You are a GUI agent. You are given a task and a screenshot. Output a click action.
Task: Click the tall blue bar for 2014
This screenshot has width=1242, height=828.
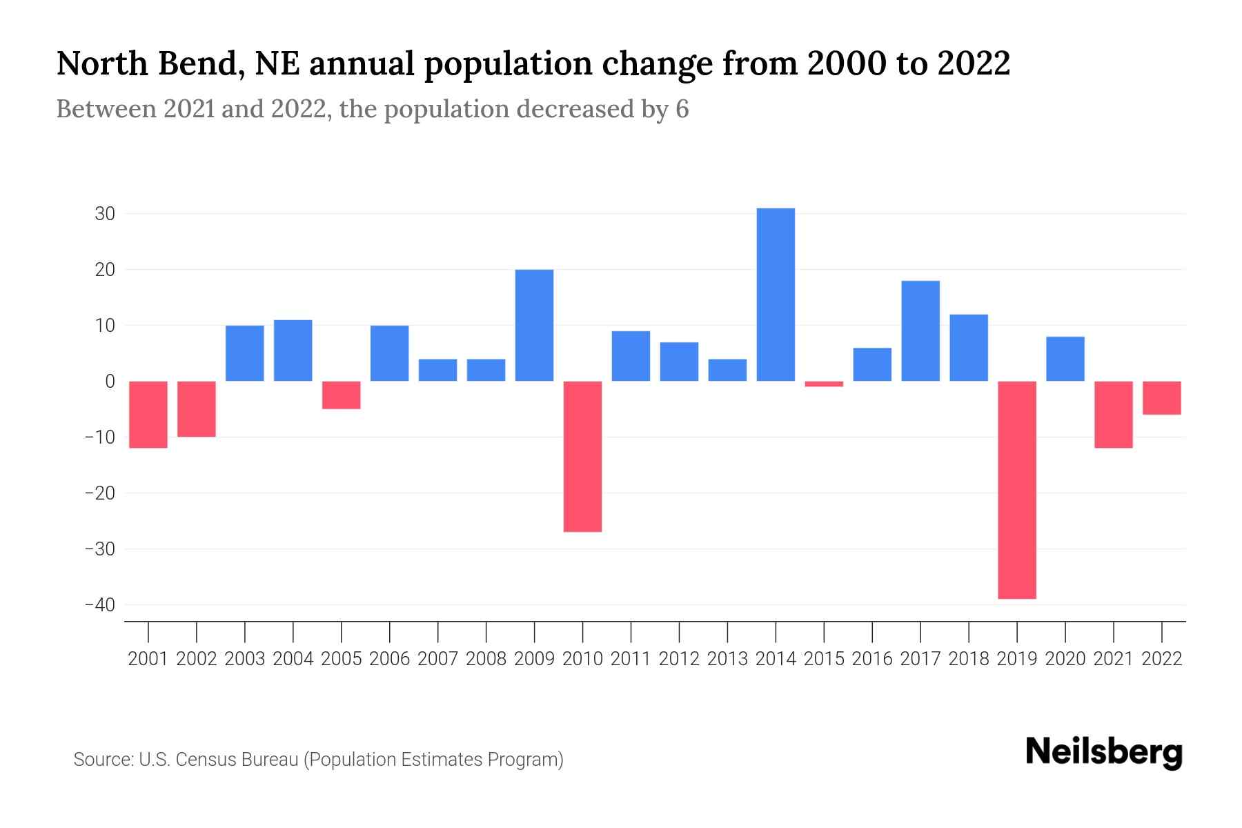click(776, 295)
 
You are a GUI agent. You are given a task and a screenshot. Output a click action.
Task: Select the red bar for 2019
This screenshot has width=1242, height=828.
click(1017, 490)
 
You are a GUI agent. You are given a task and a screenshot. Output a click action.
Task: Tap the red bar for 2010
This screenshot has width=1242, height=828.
click(582, 457)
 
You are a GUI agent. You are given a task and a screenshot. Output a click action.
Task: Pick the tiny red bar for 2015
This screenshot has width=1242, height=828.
click(824, 384)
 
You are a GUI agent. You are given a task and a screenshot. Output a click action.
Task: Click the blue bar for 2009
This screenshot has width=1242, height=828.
click(534, 325)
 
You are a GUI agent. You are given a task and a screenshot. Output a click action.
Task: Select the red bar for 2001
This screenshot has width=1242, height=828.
click(148, 415)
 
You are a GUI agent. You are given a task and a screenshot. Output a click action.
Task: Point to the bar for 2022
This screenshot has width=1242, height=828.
click(1162, 398)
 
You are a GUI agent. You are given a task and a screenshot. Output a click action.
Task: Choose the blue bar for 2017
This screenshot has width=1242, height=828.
click(920, 331)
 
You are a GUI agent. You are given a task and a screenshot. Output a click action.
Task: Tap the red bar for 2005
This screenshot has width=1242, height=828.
click(342, 395)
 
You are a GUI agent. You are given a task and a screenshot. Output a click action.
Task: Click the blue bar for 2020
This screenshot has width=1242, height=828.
click(1065, 359)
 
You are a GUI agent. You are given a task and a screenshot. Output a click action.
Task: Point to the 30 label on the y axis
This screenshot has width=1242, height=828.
click(104, 214)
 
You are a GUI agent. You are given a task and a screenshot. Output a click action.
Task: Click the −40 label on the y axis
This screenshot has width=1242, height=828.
click(99, 605)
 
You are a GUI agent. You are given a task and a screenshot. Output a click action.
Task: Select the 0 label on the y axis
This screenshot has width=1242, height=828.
click(110, 382)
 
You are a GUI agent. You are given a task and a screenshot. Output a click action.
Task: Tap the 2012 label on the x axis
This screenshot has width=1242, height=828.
click(679, 659)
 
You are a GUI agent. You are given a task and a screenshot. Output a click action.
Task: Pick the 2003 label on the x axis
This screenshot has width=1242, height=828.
click(245, 659)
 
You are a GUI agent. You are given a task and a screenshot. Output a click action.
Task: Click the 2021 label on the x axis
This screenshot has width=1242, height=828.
click(1114, 659)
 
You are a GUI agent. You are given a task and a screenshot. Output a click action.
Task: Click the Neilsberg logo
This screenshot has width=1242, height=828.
click(1104, 753)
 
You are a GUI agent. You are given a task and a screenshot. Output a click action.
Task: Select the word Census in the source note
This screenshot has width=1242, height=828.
click(204, 760)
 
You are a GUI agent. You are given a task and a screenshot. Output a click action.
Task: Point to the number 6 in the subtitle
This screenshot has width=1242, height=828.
click(682, 110)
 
